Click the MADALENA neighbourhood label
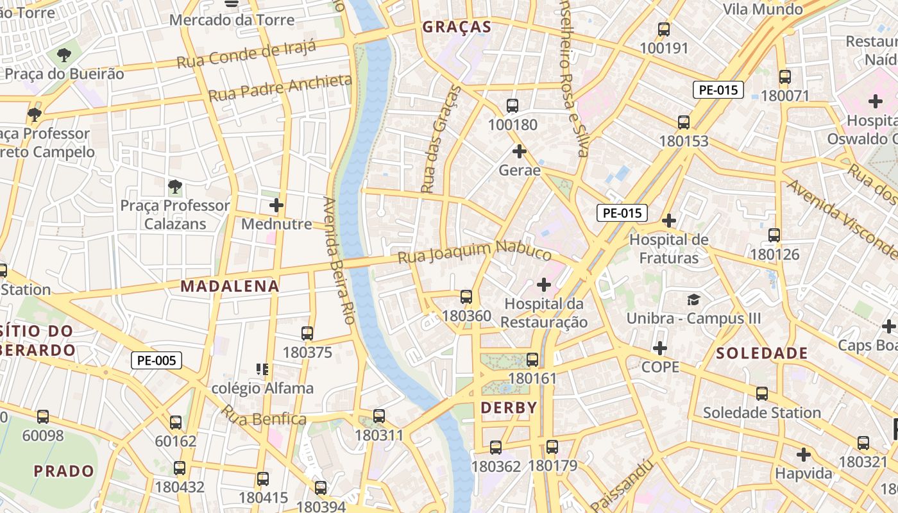pyautogui.click(x=230, y=287)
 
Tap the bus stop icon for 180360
pyautogui.click(x=466, y=297)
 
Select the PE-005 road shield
pyautogui.click(x=157, y=360)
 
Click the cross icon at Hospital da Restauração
pyautogui.click(x=544, y=284)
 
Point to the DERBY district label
pyautogui.click(x=509, y=408)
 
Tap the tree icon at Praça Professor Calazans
pyautogui.click(x=174, y=187)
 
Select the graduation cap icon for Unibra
pyautogui.click(x=693, y=300)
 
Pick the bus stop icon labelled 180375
pyautogui.click(x=307, y=333)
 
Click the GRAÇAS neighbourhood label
pyautogui.click(x=457, y=27)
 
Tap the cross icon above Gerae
pyautogui.click(x=520, y=152)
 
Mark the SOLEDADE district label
pyautogui.click(x=761, y=353)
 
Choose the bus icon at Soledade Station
pyautogui.click(x=762, y=394)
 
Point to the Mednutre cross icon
pyautogui.click(x=276, y=205)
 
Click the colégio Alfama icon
pyautogui.click(x=262, y=369)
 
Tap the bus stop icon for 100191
pyautogui.click(x=664, y=29)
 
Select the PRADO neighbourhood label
pyautogui.click(x=64, y=471)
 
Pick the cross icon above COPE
pyautogui.click(x=660, y=348)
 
